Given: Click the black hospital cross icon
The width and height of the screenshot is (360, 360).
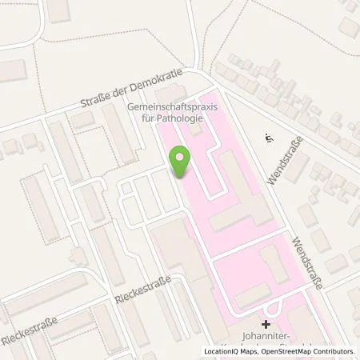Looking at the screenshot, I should click(x=265, y=325).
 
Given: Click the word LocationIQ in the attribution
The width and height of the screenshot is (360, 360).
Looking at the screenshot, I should click(x=225, y=351).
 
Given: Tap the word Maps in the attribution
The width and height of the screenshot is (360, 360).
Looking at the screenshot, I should click(x=254, y=351).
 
